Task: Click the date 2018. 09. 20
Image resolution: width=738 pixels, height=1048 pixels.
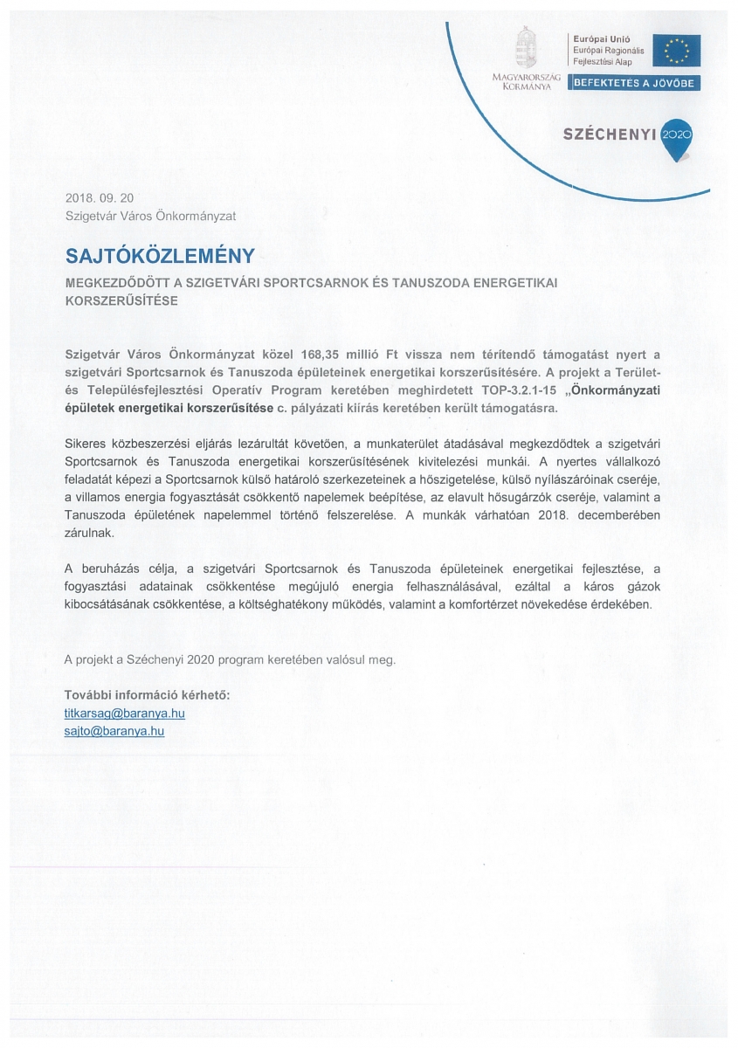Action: click(x=100, y=198)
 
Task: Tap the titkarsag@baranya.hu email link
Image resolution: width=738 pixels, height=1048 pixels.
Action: click(x=125, y=713)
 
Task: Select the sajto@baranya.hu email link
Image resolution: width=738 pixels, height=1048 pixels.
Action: click(x=114, y=730)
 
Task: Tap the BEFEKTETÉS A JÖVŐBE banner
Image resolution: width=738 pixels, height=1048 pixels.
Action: click(x=635, y=83)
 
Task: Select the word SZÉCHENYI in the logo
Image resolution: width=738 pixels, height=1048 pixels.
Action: click(x=610, y=135)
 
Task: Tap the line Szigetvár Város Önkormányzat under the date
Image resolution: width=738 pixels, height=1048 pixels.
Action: click(x=150, y=215)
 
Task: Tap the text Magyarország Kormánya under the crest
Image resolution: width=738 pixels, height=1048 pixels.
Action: click(x=526, y=82)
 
